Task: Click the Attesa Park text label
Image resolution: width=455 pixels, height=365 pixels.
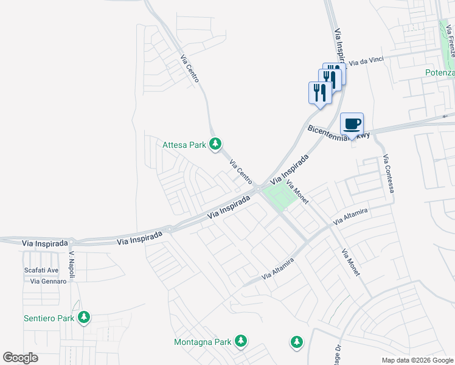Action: pos(184,145)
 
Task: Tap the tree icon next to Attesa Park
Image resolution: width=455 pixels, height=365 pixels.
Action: pos(215,144)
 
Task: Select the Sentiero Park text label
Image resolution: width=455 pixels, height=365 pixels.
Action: pos(49,318)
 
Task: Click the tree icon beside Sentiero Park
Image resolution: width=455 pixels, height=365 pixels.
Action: pos(84,318)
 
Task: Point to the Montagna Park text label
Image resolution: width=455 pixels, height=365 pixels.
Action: pos(203,342)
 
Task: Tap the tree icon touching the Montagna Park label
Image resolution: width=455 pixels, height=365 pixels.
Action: pos(241,341)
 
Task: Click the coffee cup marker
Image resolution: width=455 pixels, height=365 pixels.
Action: pos(352,124)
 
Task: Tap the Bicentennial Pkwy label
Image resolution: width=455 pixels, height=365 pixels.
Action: pos(339,133)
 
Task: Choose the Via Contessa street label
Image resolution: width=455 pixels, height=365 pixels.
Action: pos(389,174)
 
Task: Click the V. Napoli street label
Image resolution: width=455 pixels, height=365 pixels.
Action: pos(72,265)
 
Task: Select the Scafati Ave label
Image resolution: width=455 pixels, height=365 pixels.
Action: pos(41,270)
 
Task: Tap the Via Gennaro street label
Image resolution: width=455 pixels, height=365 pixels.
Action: pos(44,281)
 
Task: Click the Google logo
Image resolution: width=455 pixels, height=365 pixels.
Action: pos(21,358)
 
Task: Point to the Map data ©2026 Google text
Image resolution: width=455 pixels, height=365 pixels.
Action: pos(417,360)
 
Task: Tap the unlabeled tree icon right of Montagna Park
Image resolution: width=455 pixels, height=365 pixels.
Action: pos(296,342)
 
